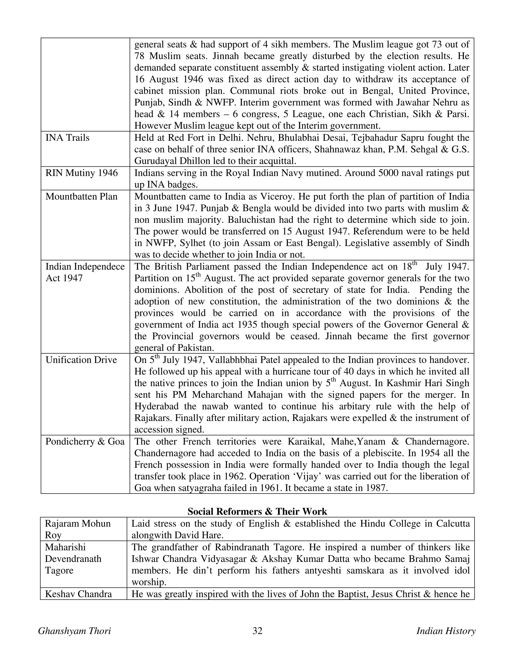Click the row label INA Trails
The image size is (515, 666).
coord(67,138)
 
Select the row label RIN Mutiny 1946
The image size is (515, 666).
coord(81,173)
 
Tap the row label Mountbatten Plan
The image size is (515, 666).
coord(81,196)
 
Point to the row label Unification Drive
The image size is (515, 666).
coord(81,360)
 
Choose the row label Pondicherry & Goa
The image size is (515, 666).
coord(85,442)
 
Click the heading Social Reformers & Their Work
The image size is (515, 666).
coord(257,511)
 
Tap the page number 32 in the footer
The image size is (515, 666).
coord(257,631)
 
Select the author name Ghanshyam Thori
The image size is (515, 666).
coord(74,631)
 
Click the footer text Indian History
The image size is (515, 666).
coord(446,631)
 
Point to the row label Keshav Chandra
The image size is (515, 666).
coord(78,594)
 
